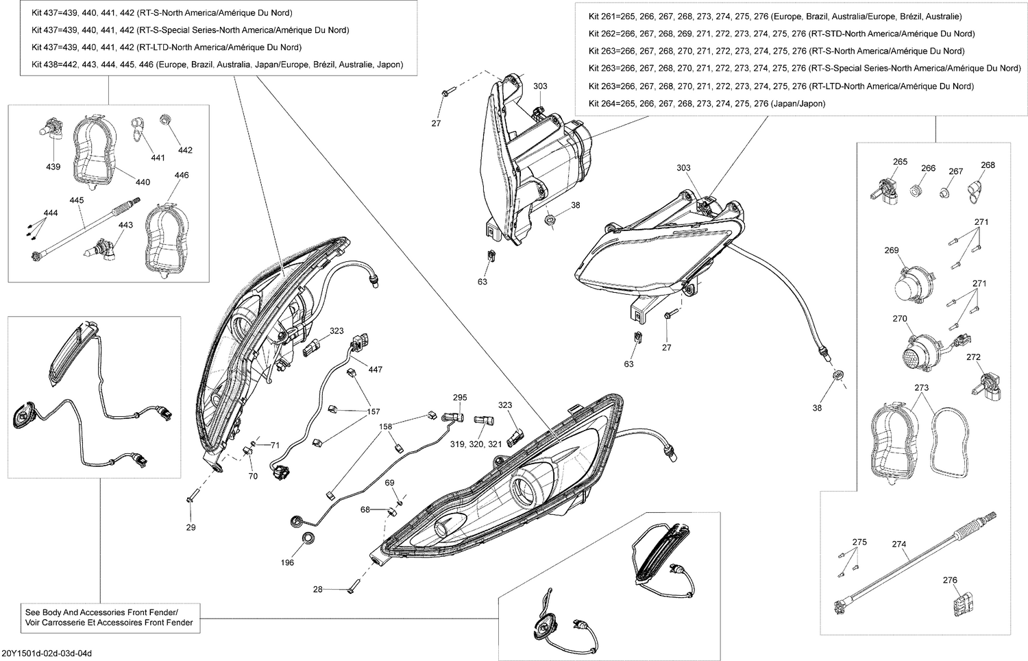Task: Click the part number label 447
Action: point(375,370)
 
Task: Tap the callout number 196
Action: point(287,562)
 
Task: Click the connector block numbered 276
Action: point(959,607)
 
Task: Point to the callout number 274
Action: point(899,544)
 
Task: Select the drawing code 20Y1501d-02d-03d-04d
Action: point(47,653)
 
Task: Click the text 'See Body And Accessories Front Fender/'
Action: point(101,612)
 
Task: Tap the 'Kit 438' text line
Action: point(217,64)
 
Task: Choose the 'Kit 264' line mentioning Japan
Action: point(707,104)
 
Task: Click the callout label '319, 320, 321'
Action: point(476,444)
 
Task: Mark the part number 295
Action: point(460,398)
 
